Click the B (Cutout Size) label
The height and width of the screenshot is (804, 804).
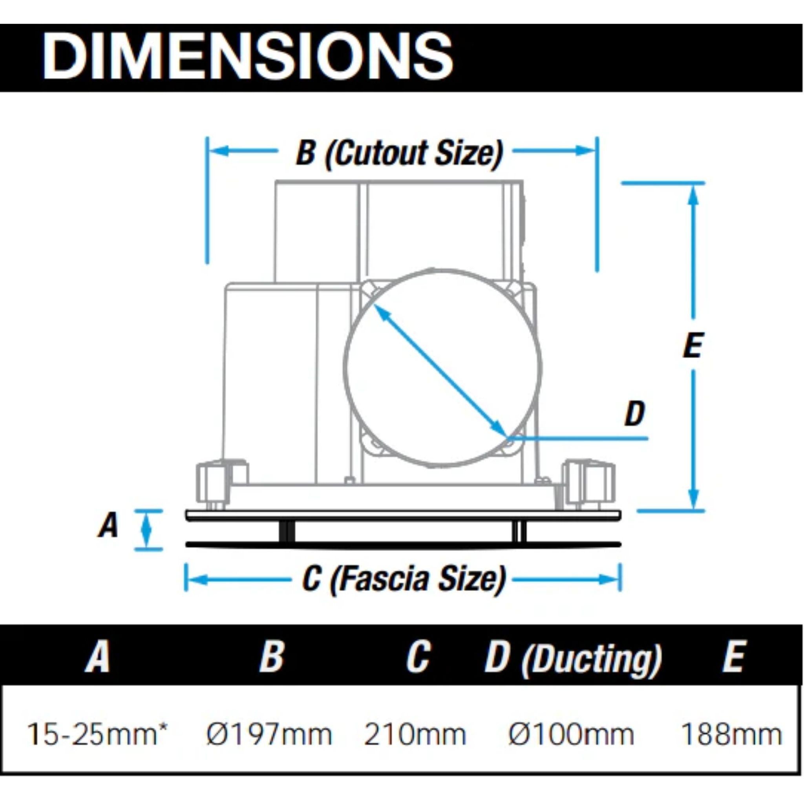coord(400,153)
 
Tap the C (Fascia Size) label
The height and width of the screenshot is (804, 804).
coord(404,579)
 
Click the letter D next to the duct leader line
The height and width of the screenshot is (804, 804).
coord(635,413)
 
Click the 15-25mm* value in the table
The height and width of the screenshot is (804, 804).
coord(97,735)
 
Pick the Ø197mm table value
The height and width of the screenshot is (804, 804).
coord(269,735)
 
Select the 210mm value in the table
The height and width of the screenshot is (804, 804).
coord(415,735)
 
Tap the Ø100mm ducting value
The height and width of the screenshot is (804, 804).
coord(571,735)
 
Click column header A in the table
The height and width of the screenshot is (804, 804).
coord(97,656)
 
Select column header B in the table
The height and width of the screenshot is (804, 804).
coord(271,656)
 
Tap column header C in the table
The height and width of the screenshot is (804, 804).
coord(418,656)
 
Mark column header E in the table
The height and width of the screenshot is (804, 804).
coord(733,656)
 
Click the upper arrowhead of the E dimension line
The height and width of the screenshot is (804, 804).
coord(693,195)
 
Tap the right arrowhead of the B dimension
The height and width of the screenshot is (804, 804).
coord(586,151)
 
